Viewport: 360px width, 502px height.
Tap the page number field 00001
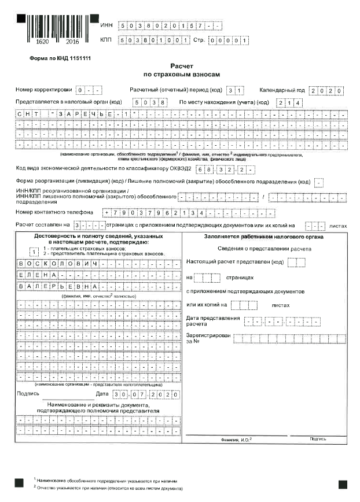tap(229, 40)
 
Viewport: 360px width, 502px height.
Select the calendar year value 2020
tap(326, 91)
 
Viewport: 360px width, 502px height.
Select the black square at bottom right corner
tap(342, 482)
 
